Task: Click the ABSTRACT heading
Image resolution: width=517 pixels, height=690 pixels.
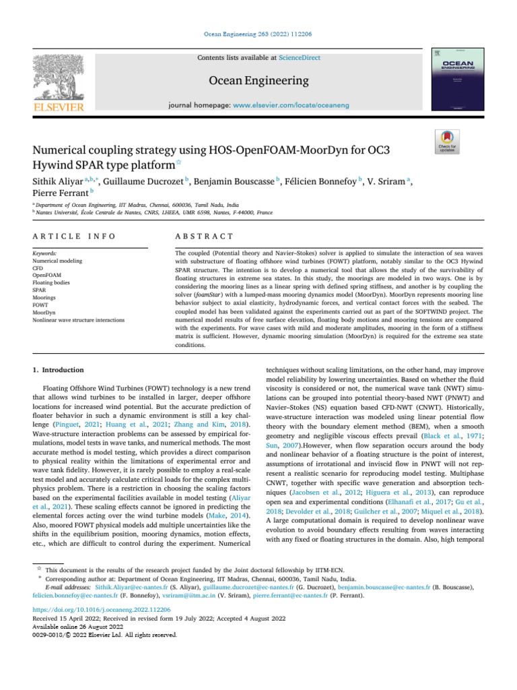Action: pyautogui.click(x=204, y=237)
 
